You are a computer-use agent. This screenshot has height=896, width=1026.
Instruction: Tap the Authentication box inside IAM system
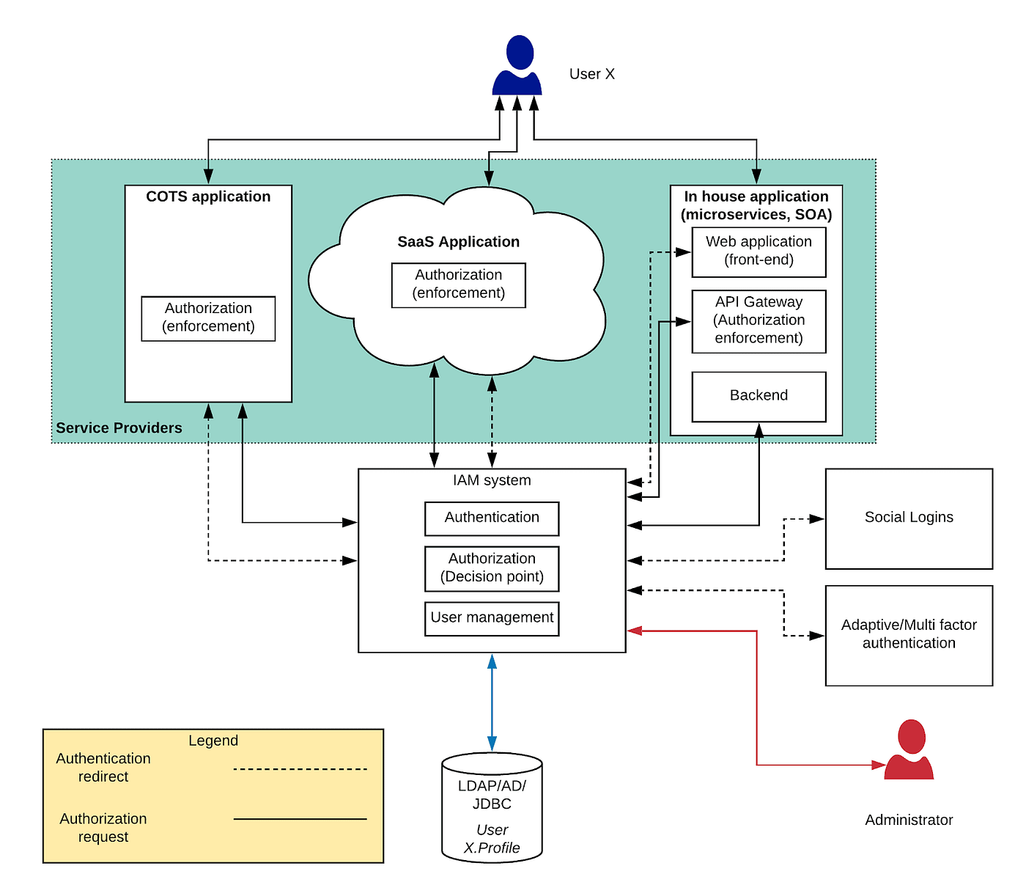(492, 518)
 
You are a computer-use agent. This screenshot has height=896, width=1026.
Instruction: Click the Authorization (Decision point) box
(492, 568)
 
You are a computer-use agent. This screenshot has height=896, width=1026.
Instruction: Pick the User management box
(492, 618)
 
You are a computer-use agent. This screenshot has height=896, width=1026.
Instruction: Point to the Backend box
(759, 396)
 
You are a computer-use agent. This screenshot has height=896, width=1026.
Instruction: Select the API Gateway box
(759, 321)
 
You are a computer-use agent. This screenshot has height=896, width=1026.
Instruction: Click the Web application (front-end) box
(759, 251)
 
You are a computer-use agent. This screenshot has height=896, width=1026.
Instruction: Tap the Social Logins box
(909, 518)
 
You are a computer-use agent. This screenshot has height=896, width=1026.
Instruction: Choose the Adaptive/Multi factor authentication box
(909, 635)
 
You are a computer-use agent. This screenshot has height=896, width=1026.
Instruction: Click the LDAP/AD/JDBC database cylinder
(492, 807)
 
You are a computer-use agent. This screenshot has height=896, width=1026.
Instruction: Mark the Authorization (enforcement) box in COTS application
(208, 318)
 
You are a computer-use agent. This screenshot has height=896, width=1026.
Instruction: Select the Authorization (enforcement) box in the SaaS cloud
(459, 284)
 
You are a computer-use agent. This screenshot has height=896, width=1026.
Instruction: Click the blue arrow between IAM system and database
(492, 702)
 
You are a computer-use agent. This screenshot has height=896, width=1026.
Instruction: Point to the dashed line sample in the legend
(300, 769)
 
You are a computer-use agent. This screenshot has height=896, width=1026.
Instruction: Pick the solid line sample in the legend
(300, 819)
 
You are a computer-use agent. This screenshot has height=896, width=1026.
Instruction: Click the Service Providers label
(119, 428)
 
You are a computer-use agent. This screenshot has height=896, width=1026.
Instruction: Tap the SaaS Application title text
(459, 242)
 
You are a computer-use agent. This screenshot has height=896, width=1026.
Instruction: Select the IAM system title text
(492, 481)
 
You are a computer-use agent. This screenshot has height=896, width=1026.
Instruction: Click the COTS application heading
(208, 197)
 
